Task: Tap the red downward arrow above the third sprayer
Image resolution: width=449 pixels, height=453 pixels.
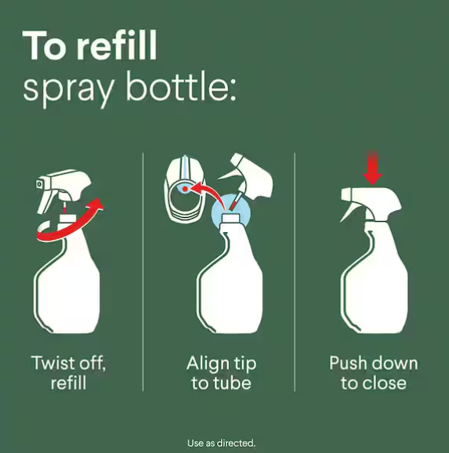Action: (x=372, y=168)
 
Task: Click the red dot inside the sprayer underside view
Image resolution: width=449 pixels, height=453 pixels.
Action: (x=185, y=189)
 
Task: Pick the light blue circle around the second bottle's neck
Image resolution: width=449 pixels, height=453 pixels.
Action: (x=231, y=212)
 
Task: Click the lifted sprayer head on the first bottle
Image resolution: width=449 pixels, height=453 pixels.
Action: (x=63, y=189)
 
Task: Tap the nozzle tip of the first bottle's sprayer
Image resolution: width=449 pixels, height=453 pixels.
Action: (x=39, y=184)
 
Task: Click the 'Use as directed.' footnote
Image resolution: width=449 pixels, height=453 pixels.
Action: (x=221, y=443)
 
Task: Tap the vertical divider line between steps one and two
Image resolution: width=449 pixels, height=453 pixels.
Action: (x=143, y=272)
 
